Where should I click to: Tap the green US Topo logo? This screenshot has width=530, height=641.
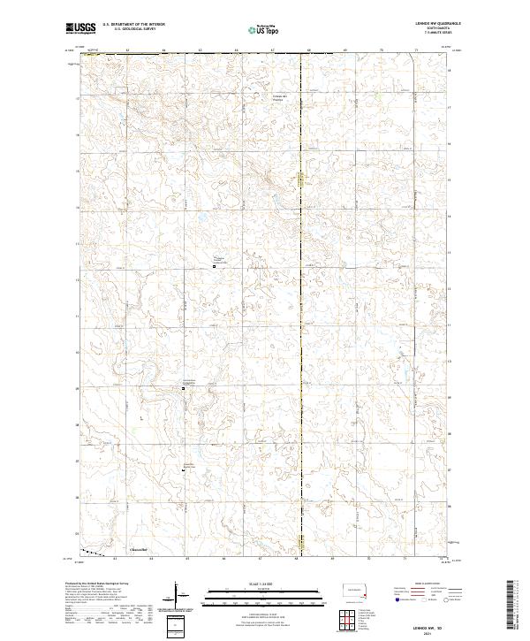tap(257, 30)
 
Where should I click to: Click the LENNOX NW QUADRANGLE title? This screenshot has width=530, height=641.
tap(432, 25)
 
